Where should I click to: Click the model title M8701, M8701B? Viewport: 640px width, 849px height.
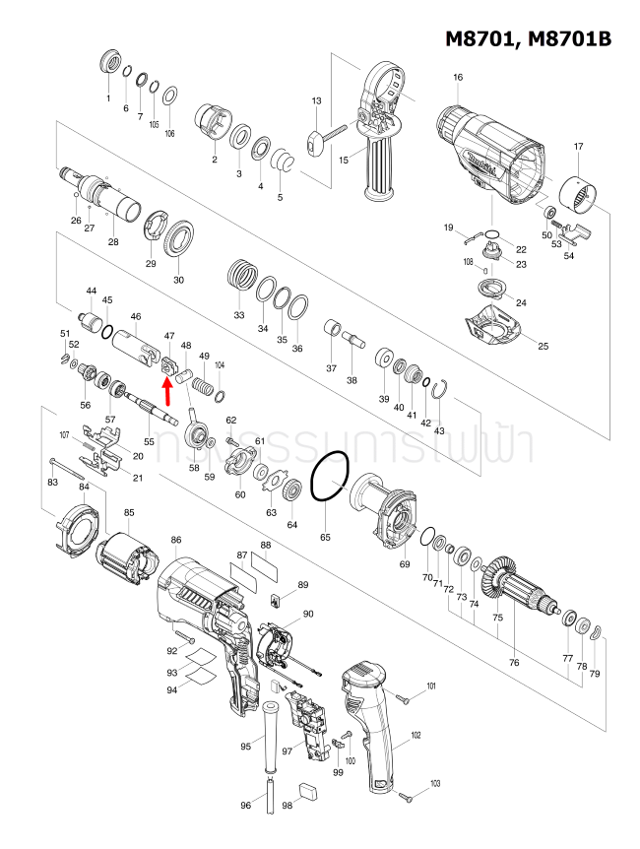click(528, 38)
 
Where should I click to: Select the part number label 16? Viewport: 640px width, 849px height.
click(458, 78)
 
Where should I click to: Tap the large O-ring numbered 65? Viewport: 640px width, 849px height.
click(328, 479)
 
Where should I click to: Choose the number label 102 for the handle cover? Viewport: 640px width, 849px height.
click(416, 736)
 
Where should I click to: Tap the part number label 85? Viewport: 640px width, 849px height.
click(129, 513)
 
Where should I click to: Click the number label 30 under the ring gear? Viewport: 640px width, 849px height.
click(178, 280)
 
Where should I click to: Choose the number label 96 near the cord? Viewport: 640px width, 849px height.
click(246, 806)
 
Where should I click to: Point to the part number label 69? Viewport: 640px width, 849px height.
click(404, 564)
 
